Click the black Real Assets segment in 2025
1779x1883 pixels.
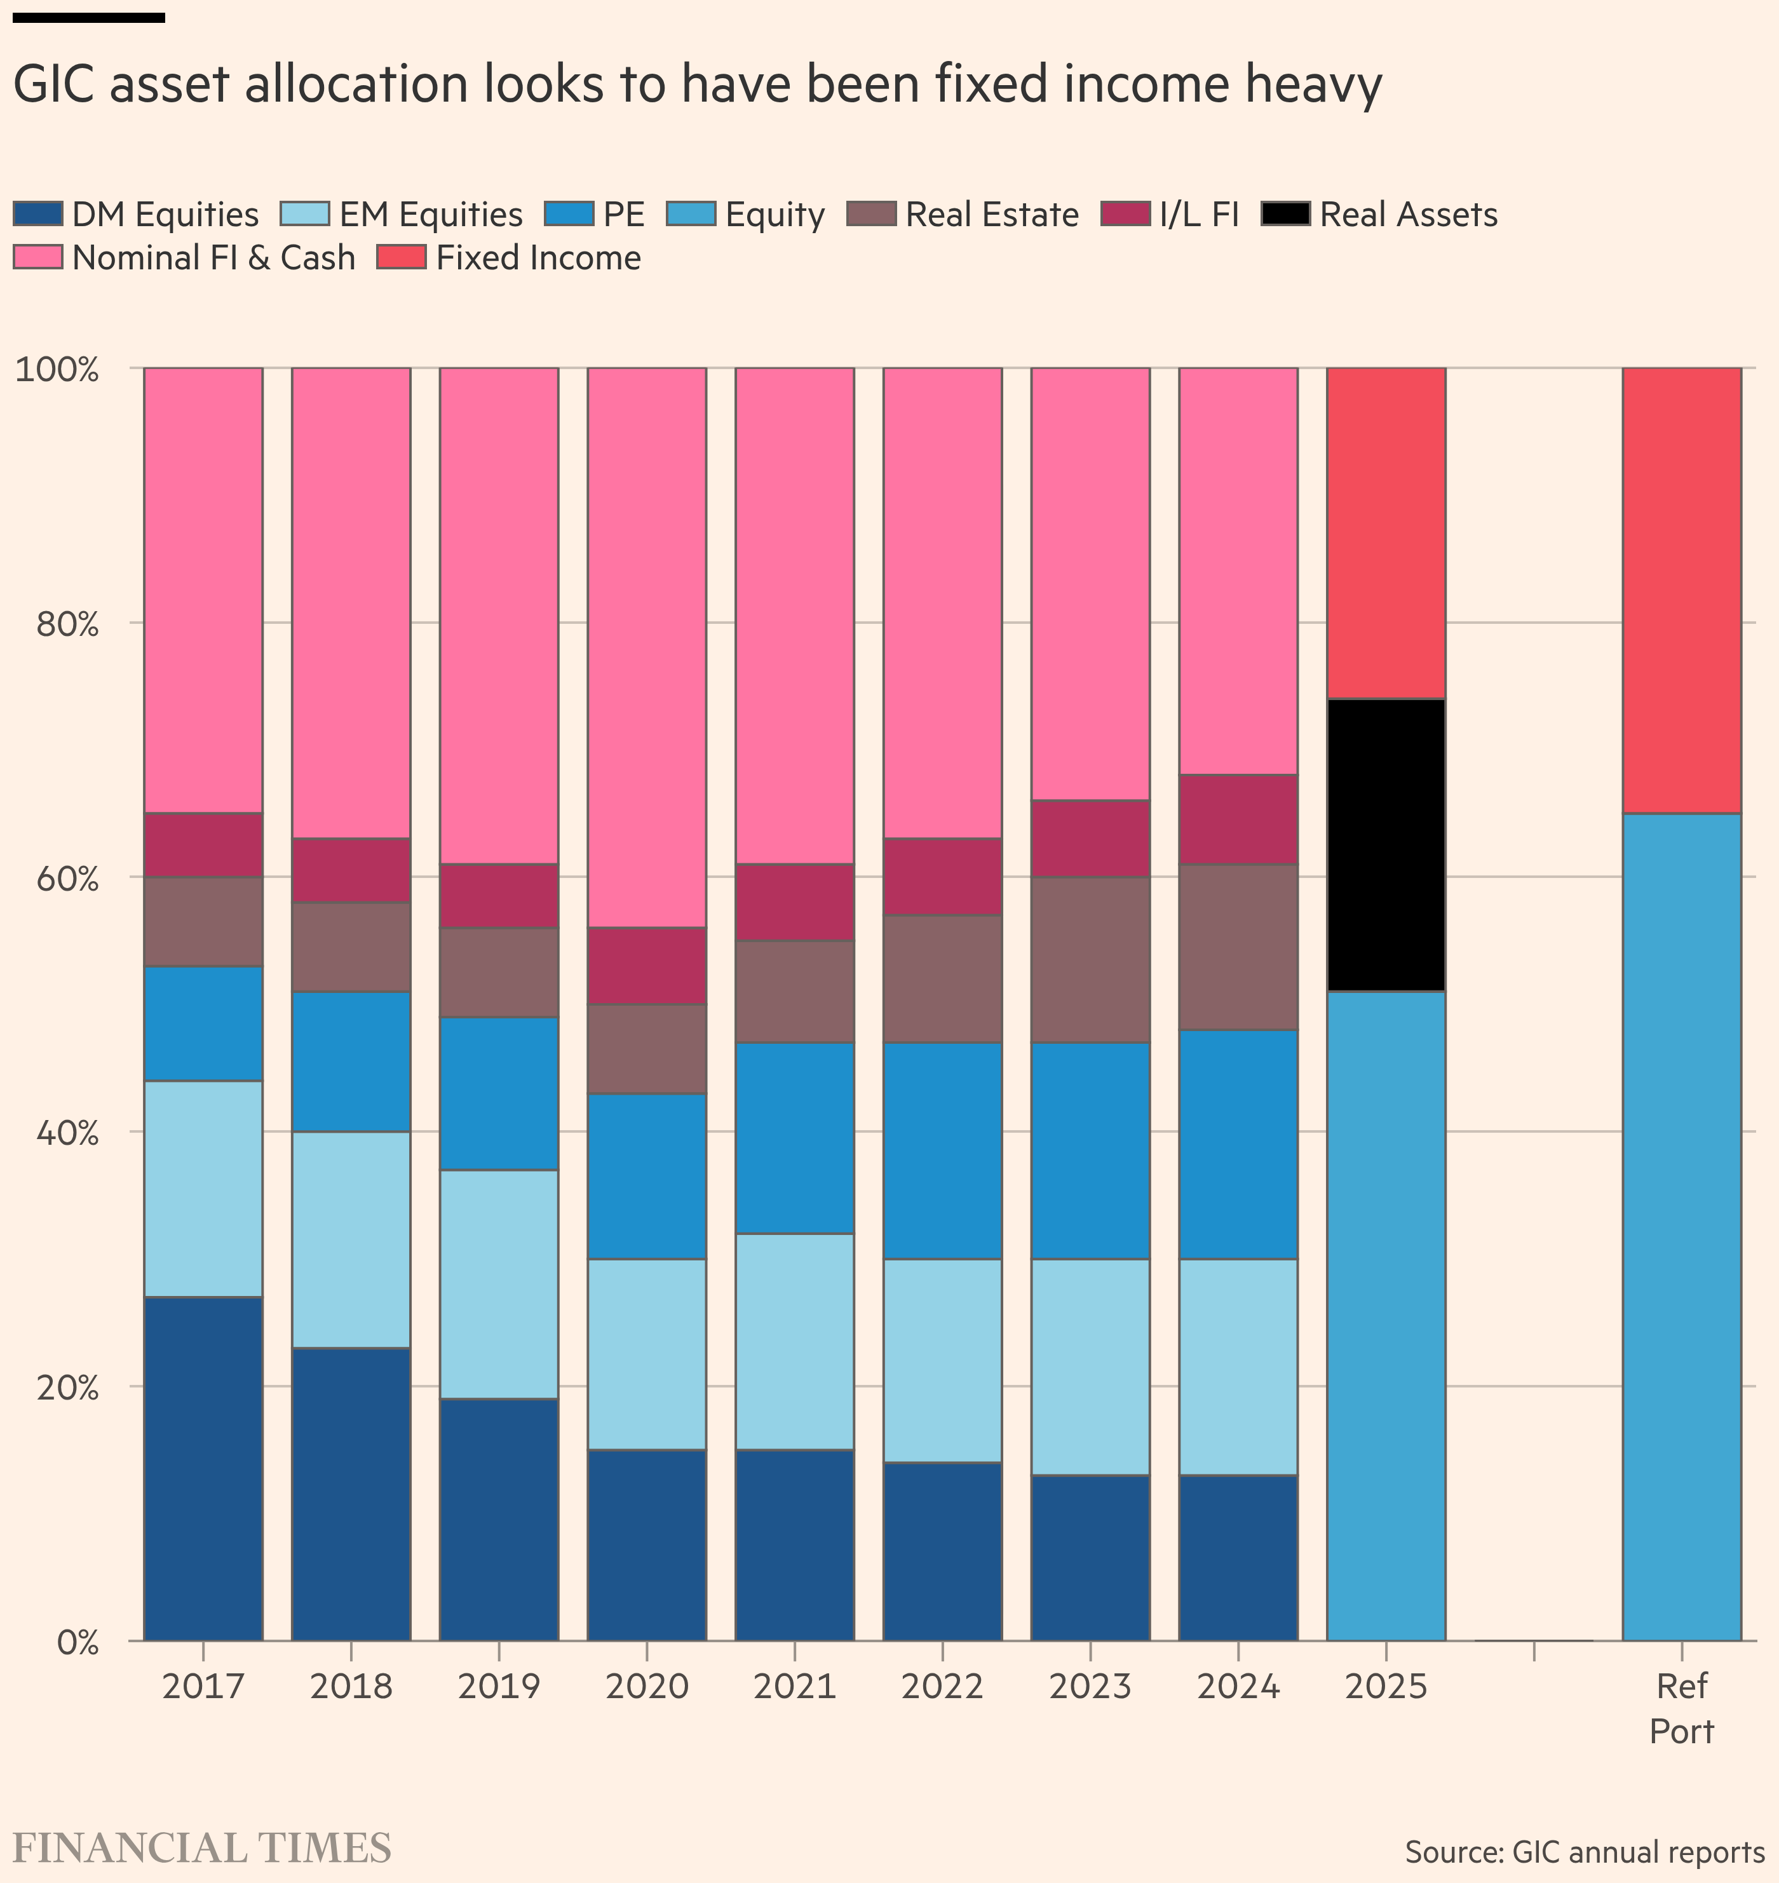click(1386, 845)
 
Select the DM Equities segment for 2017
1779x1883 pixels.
click(203, 1468)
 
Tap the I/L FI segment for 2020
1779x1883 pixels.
click(647, 965)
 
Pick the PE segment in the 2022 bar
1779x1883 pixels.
click(943, 1150)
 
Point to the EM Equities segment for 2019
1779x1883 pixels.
click(499, 1284)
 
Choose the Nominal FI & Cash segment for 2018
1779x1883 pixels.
click(351, 602)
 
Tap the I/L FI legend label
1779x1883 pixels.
click(1199, 214)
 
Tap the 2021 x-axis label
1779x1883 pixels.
click(795, 1687)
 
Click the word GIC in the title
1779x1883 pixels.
click(55, 84)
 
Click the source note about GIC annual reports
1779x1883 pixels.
click(1584, 1851)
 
